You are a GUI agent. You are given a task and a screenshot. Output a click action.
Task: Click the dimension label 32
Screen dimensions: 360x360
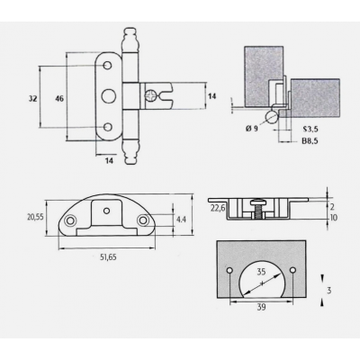click(x=33, y=98)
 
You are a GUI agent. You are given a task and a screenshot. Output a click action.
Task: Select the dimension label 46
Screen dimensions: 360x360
click(x=59, y=98)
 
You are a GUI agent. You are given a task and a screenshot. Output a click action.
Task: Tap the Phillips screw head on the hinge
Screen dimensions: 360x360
click(x=149, y=96)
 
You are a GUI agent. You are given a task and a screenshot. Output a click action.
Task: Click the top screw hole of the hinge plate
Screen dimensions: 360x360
click(x=107, y=66)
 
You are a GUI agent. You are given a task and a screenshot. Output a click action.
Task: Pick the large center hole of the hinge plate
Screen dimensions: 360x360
click(x=107, y=96)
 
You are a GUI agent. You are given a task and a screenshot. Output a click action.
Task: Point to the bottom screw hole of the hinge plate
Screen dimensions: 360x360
click(x=107, y=127)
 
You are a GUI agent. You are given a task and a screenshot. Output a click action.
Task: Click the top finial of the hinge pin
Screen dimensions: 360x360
click(x=130, y=40)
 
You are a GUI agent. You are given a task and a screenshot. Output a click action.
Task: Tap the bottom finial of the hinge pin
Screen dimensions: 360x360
click(x=130, y=151)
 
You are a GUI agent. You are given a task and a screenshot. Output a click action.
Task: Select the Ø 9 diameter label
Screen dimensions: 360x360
click(x=251, y=129)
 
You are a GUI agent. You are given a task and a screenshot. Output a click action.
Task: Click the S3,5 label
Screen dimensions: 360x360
click(x=310, y=130)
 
